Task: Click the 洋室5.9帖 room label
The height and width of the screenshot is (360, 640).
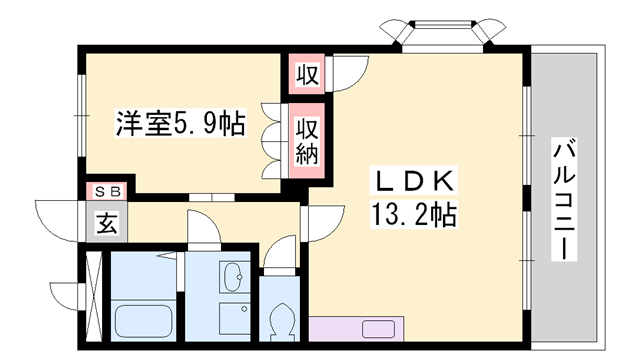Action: [x=181, y=123]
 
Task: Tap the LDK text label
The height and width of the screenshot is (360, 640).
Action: [x=413, y=180]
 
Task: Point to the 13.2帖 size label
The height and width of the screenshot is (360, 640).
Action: [x=413, y=214]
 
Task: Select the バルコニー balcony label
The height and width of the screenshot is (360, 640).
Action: [x=564, y=199]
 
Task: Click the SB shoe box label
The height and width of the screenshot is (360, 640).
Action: [x=108, y=191]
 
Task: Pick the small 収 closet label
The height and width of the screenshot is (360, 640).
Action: [x=307, y=74]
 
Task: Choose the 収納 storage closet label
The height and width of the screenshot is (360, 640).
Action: [x=307, y=141]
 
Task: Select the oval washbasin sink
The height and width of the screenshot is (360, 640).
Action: [x=234, y=277]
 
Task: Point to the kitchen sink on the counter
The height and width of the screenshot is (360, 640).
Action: [x=378, y=329]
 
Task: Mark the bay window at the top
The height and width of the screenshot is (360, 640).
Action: [x=443, y=34]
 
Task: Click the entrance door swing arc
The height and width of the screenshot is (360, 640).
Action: [x=57, y=221]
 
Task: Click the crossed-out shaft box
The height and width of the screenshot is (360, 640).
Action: [x=94, y=297]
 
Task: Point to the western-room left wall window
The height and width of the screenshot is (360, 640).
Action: [x=82, y=116]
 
